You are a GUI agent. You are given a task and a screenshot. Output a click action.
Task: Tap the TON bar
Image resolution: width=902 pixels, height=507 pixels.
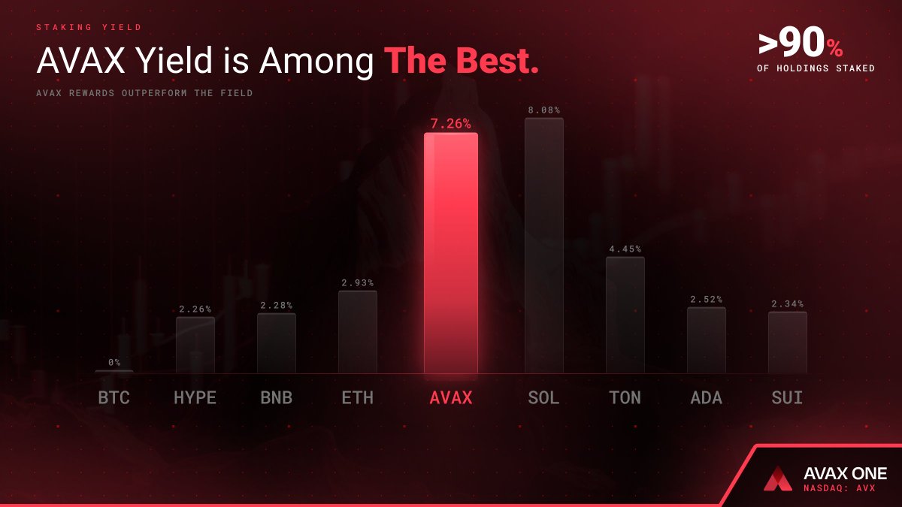625,315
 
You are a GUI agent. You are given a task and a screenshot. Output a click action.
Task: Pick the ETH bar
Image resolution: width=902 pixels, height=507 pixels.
357,332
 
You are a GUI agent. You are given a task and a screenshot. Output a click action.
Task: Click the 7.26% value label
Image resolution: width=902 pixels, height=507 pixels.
450,124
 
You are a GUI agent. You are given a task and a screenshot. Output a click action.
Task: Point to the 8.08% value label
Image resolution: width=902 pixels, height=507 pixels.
543,110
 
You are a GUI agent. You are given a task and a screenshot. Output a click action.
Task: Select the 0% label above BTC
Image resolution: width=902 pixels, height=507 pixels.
114,363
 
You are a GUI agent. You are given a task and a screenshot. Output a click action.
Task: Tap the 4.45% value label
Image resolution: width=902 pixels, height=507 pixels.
625,249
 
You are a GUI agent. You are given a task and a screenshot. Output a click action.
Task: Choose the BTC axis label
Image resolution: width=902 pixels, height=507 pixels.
114,398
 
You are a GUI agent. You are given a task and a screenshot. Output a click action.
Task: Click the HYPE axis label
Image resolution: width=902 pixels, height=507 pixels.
195,398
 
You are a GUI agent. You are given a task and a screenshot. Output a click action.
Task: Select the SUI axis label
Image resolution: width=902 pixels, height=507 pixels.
787,398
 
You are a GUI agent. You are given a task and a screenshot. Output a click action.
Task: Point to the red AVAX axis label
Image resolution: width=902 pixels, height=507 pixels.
450,398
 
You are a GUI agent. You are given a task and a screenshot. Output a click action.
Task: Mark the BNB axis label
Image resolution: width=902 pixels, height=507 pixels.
276,398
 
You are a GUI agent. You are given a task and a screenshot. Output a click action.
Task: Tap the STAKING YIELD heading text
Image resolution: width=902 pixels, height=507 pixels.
89,28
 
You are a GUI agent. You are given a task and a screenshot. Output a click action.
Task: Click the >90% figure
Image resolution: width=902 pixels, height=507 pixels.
801,46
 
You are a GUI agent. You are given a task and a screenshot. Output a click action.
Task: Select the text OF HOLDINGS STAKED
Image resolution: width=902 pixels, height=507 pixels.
816,68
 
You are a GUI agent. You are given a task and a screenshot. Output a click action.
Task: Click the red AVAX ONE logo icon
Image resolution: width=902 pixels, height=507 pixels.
778,478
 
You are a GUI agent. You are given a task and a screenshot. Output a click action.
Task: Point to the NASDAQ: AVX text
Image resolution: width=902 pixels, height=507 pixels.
840,488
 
